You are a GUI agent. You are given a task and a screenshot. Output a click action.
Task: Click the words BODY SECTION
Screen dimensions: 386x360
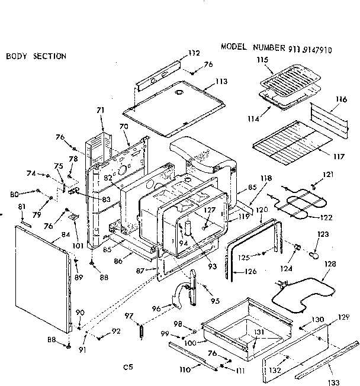(36, 56)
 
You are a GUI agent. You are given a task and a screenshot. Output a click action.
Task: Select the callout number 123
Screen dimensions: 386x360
(322, 235)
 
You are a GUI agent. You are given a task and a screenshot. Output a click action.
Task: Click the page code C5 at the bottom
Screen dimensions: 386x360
(127, 367)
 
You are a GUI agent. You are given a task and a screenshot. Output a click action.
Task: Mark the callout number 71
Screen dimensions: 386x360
(100, 111)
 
